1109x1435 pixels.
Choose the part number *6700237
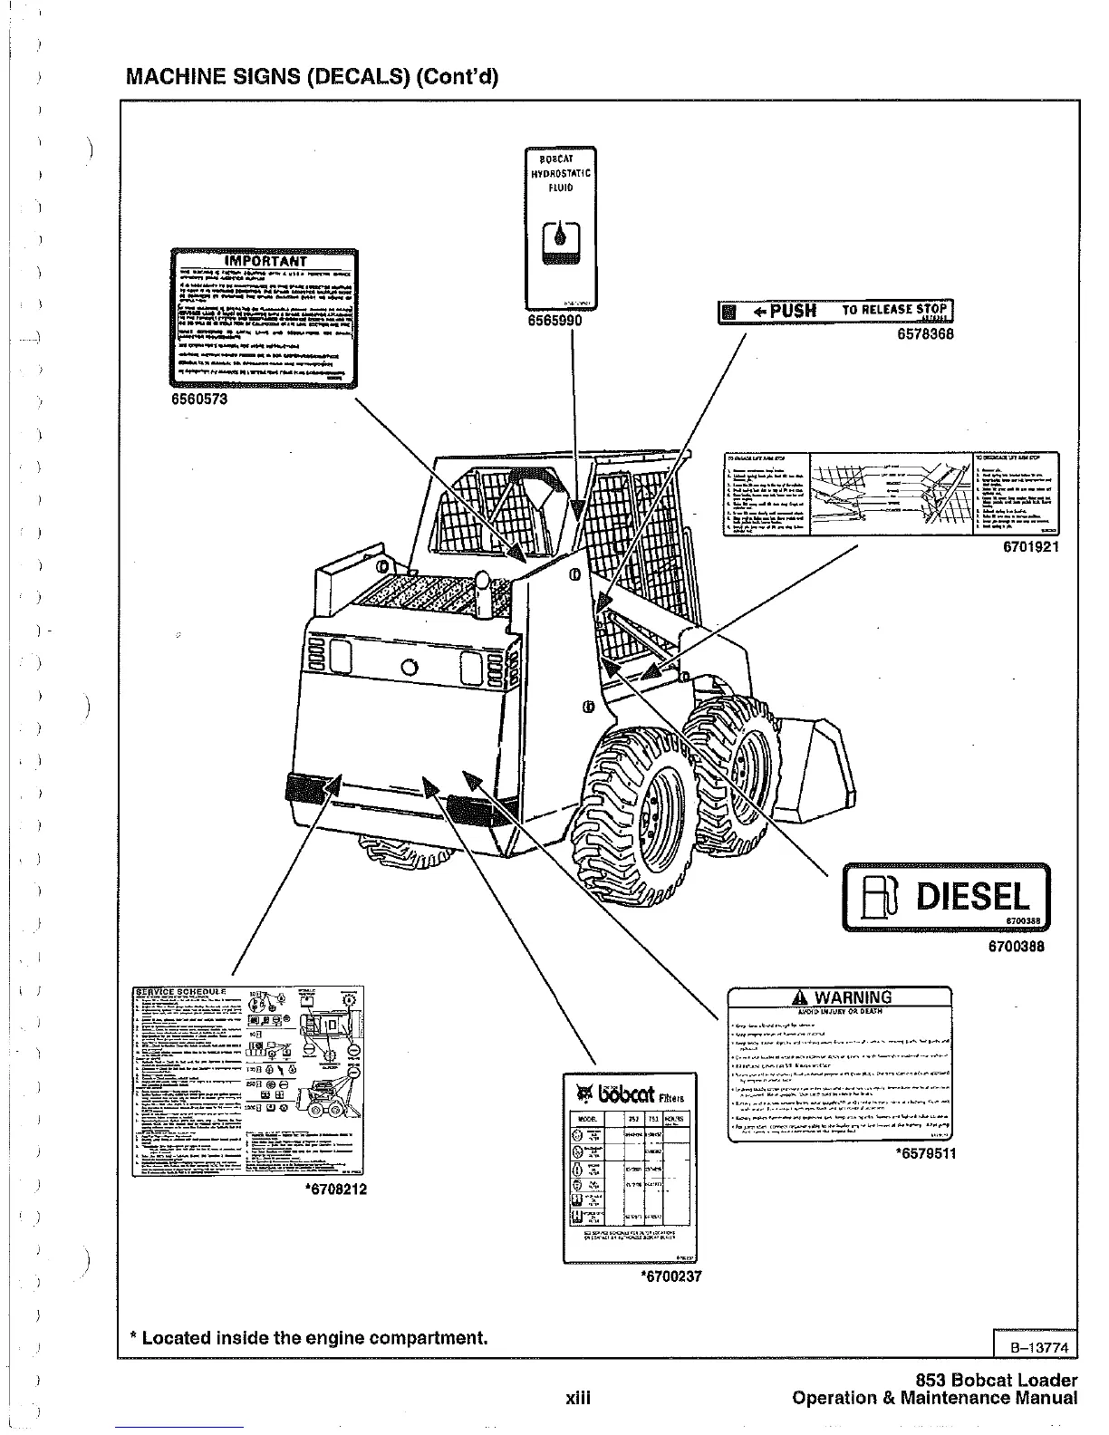tap(671, 1276)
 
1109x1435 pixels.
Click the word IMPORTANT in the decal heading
tap(265, 262)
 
